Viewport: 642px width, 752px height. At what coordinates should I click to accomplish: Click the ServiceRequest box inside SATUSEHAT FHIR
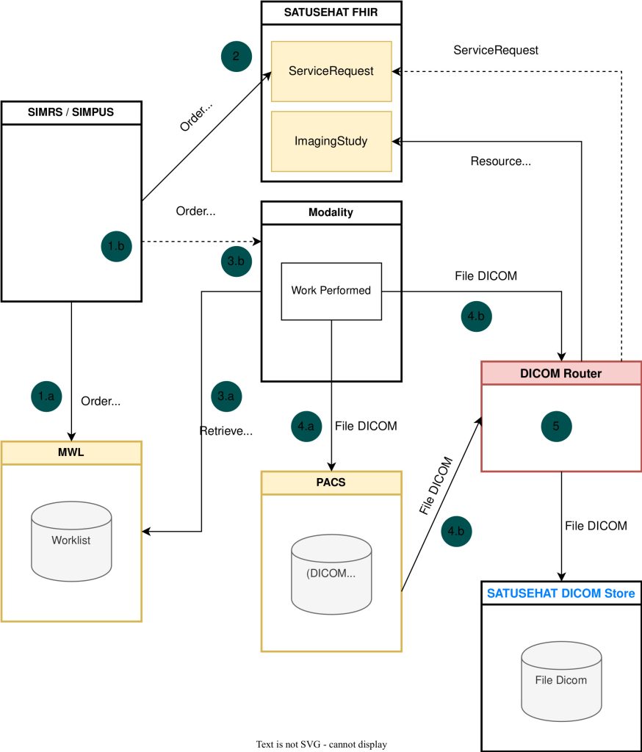coord(331,71)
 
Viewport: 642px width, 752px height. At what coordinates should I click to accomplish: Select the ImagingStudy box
coord(331,142)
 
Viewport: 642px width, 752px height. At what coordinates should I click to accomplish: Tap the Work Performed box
coord(331,291)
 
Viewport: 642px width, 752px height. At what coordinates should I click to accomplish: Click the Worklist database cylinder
coord(71,540)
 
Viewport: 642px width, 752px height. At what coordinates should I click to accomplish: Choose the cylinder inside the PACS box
coord(331,573)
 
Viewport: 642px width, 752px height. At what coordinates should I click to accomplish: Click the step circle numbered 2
coord(237,57)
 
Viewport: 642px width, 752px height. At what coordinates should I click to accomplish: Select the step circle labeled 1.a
coord(46,396)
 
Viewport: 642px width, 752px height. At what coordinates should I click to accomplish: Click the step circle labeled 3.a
coord(226,396)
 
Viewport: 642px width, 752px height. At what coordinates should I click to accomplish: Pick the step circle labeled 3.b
coord(236,260)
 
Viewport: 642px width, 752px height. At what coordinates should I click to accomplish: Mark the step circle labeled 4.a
coord(307,425)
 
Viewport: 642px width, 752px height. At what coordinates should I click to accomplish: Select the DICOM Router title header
coord(561,373)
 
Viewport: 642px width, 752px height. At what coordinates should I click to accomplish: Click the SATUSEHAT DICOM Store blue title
coord(561,593)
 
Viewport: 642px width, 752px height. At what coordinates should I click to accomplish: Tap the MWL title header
coord(71,453)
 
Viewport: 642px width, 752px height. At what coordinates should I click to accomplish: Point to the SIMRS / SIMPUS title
coord(71,113)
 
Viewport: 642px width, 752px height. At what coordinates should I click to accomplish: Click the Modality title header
coord(331,212)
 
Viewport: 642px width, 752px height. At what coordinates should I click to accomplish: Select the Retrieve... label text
coord(226,431)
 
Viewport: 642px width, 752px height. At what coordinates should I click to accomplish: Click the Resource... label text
coord(500,161)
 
